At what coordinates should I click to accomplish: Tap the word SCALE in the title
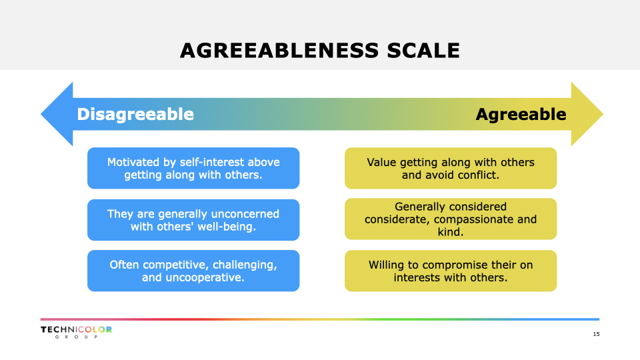(423, 51)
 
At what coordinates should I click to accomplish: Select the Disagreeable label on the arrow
(135, 114)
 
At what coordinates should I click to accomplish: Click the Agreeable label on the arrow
(521, 115)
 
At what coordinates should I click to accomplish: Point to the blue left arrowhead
(57, 114)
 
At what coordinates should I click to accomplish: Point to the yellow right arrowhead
(587, 114)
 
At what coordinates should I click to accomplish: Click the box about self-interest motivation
(193, 168)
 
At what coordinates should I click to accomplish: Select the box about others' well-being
(193, 220)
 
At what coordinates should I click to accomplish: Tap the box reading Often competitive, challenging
(193, 271)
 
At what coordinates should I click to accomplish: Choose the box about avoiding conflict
(451, 168)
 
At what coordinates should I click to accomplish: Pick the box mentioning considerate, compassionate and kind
(451, 219)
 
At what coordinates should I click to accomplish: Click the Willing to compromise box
(451, 271)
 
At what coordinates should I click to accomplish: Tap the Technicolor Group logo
(76, 332)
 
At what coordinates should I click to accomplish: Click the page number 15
(596, 334)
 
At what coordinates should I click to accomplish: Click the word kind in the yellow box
(451, 232)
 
